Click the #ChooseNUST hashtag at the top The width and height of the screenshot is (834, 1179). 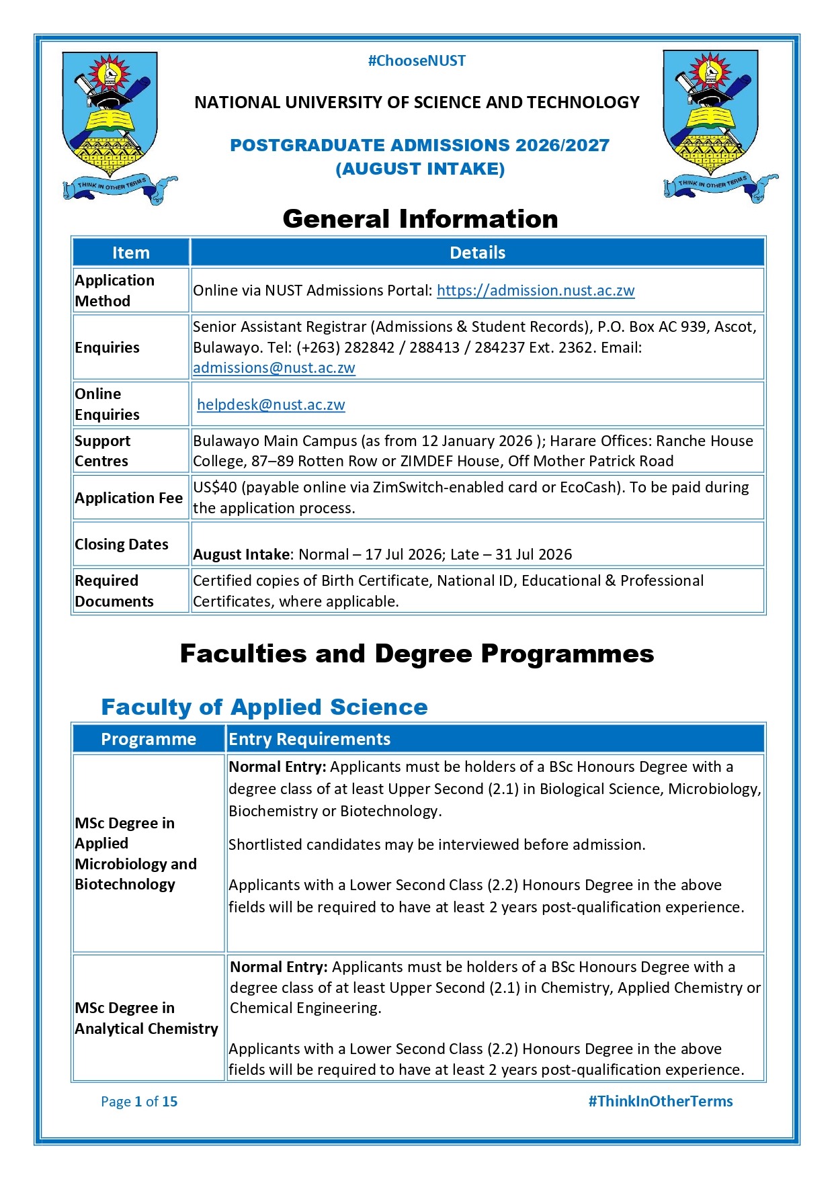[417, 61]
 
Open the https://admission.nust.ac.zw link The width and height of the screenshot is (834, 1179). [535, 291]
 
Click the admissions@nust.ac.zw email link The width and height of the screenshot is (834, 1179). [274, 368]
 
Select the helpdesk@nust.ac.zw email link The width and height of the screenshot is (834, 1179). [271, 405]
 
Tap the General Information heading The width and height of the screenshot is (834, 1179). [420, 219]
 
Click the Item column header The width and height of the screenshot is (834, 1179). [130, 253]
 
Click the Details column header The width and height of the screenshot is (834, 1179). [477, 253]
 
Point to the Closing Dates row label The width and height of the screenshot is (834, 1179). [122, 545]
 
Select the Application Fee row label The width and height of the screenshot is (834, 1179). [128, 498]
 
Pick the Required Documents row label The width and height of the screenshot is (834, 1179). [114, 591]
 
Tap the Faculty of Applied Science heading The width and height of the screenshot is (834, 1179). [264, 707]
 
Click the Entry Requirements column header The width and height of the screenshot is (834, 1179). [309, 740]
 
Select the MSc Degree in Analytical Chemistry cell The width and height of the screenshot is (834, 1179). [147, 1018]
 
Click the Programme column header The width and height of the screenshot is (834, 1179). [149, 740]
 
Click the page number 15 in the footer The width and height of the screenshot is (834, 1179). [169, 1102]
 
